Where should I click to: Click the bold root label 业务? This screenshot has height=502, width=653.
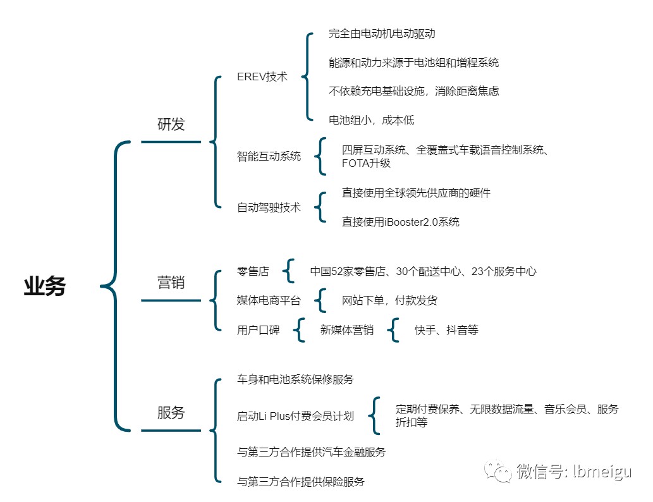[x=44, y=286]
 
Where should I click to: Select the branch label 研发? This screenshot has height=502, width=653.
[x=171, y=124]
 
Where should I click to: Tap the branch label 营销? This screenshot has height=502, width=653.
[x=171, y=283]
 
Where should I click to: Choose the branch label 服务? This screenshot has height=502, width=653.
[x=171, y=412]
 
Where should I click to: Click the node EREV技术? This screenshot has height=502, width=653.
[x=262, y=77]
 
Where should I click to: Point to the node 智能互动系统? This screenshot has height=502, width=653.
[x=269, y=156]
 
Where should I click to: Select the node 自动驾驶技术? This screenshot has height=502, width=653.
[x=269, y=207]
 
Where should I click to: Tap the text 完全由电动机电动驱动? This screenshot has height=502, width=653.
[x=382, y=34]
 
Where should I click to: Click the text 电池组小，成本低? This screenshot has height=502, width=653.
[x=372, y=120]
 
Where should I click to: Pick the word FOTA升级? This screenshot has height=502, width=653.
[x=366, y=163]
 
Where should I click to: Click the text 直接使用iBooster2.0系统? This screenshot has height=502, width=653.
[x=400, y=222]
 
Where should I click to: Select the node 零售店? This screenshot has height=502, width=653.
[x=253, y=272]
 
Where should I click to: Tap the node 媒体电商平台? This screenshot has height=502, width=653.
[x=269, y=300]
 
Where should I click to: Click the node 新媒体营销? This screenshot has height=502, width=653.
[x=346, y=330]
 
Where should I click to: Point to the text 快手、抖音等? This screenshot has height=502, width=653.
[x=446, y=330]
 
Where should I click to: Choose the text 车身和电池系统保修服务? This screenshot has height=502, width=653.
[x=295, y=379]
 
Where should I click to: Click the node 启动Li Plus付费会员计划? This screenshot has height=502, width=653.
[x=295, y=416]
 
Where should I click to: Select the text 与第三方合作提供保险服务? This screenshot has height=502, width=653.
[x=301, y=482]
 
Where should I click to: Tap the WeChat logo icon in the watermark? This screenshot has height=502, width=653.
[x=497, y=471]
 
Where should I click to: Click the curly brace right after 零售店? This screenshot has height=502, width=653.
[x=289, y=271]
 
